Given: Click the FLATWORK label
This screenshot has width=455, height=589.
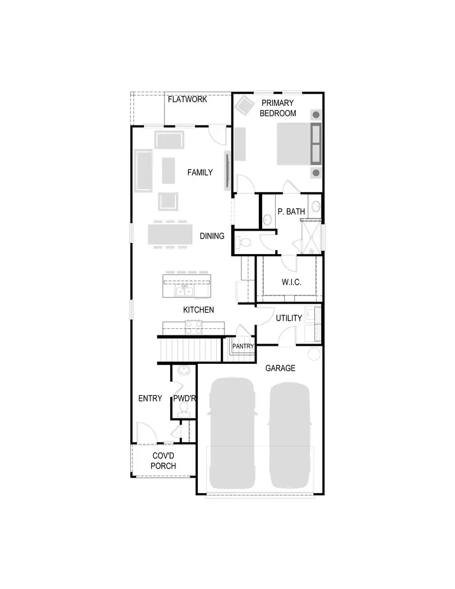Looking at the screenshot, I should tap(187, 100).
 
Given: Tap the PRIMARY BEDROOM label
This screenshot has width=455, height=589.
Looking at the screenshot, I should tap(277, 108).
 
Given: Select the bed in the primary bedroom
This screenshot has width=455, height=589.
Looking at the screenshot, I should tap(300, 143).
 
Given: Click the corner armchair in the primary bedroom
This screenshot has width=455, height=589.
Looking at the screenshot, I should tap(244, 105).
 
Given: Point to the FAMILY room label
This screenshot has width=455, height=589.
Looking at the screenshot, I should tap(199, 172).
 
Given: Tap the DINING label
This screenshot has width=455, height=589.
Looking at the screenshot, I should tap(212, 236).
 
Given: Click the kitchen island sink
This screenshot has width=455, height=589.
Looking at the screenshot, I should tap(184, 292).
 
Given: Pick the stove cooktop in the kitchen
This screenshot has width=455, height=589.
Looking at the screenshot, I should tap(193, 327).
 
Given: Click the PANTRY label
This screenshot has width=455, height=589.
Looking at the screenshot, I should tap(243, 346).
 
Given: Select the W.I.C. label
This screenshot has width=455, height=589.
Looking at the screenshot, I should tap(292, 283).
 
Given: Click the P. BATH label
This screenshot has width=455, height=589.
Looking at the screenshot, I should tap(291, 212).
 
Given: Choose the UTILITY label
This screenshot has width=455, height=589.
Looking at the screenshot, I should tap(289, 318).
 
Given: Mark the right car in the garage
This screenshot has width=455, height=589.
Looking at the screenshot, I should tap(289, 434).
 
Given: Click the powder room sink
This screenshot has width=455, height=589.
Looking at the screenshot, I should tap(184, 372).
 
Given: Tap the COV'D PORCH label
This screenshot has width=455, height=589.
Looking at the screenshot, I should tap(163, 461).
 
